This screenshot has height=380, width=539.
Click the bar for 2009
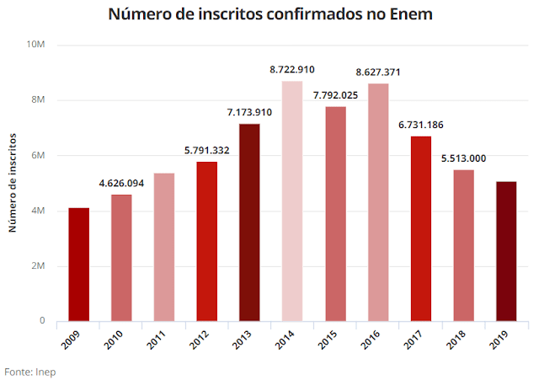(x=78, y=265)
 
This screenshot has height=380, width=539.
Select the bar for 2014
(x=292, y=201)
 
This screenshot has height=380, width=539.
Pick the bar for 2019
(x=506, y=251)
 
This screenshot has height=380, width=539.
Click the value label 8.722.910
(x=292, y=71)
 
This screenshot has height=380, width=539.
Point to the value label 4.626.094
(x=121, y=184)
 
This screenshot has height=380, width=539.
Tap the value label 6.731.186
(x=421, y=126)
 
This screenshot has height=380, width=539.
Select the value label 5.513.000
(x=463, y=159)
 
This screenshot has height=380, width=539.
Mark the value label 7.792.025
(x=335, y=95)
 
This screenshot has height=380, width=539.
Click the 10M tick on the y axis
(x=35, y=45)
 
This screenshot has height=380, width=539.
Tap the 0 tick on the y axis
(x=40, y=321)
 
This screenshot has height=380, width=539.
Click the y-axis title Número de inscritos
(x=13, y=183)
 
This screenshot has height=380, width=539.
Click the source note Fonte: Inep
(x=30, y=371)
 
